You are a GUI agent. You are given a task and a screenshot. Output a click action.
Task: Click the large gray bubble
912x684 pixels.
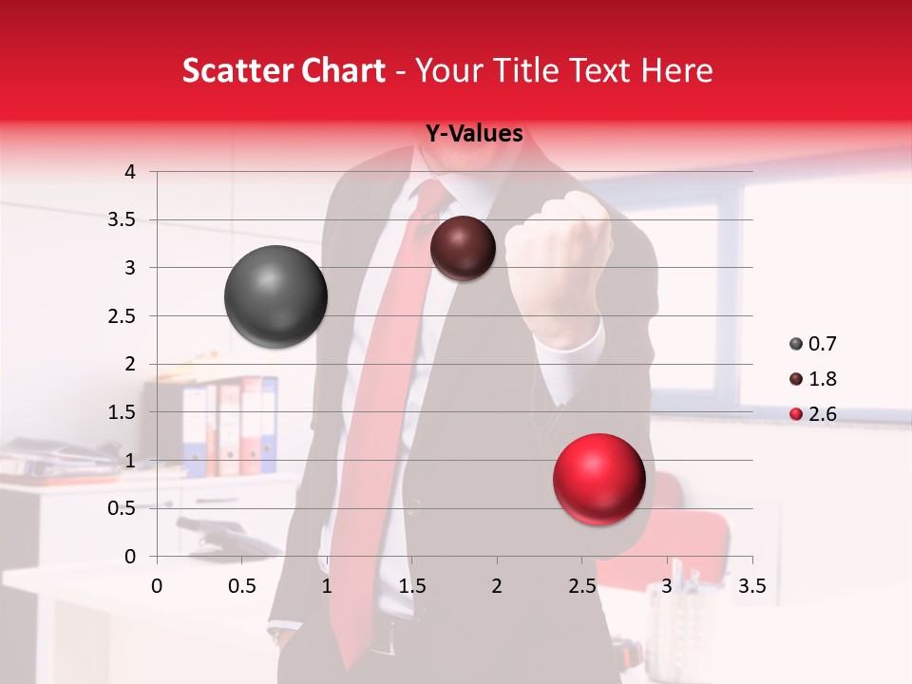coord(275,296)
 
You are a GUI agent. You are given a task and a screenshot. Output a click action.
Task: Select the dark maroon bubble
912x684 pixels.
coord(463,248)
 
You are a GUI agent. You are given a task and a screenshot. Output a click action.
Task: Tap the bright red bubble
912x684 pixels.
coord(598,479)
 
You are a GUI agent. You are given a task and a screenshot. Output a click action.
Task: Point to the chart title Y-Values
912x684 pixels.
coord(474,134)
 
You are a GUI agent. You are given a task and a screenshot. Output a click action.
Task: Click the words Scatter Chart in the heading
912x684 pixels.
coord(283,70)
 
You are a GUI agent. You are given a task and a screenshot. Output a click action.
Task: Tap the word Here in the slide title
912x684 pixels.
coord(675,70)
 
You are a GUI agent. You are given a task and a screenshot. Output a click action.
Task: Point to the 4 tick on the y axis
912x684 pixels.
coord(131,172)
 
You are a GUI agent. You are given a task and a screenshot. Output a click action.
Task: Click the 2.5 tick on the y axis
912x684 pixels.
coord(122,316)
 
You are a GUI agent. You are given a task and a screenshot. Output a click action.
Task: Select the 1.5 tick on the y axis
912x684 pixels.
coord(122,412)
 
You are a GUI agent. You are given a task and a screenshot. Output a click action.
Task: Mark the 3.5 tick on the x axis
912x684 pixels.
coord(751,586)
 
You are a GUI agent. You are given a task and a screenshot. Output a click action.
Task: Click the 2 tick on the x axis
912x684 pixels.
coord(496,586)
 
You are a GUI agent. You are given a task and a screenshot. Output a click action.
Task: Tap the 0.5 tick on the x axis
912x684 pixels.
coord(242,586)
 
